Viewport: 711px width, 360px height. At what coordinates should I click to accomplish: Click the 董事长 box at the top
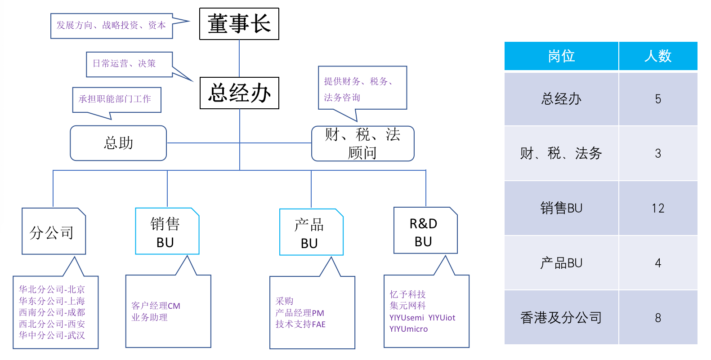239,24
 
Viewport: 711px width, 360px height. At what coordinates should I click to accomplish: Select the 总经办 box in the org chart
239,93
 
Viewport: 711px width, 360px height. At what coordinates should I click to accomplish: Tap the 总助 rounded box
118,143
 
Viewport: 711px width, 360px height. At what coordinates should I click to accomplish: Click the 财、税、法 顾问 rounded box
362,143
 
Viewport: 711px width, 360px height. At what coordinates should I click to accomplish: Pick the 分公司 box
54,231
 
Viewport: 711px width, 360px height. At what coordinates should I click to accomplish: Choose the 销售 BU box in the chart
167,231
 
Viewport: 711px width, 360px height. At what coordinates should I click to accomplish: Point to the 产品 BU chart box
311,232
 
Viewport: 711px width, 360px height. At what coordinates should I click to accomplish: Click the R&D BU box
425,231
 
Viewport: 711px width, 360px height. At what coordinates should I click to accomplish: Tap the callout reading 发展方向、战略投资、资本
111,26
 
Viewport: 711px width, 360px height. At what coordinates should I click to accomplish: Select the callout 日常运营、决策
124,64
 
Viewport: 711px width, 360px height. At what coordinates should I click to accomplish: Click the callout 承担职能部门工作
115,99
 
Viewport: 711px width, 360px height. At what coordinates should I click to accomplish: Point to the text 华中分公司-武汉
52,335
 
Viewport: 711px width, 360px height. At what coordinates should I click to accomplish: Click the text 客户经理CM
156,306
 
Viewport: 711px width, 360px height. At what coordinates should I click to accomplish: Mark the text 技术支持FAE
300,324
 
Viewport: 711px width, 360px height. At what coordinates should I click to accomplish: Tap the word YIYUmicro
408,329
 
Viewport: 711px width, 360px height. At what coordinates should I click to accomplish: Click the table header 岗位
561,56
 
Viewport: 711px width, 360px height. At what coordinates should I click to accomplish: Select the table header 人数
657,56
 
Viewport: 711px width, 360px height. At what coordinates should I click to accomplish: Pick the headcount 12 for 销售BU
657,208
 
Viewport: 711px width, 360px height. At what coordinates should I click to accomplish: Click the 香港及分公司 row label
561,318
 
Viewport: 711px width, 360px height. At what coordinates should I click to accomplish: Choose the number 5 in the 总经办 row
657,99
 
